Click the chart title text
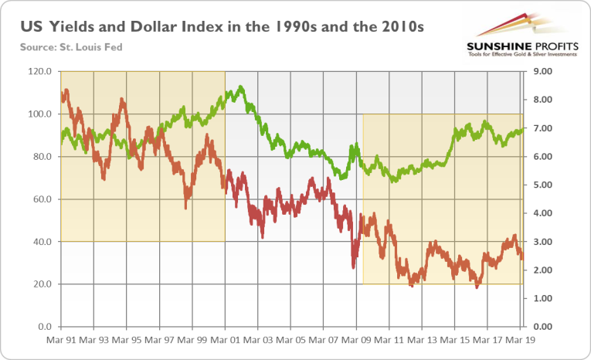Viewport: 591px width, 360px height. [x=224, y=29]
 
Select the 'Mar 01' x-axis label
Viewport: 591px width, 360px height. [x=225, y=339]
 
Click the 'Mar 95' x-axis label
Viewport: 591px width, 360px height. [x=127, y=339]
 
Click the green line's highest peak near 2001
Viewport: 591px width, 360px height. [x=241, y=87]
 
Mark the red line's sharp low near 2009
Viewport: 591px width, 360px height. [x=353, y=267]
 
